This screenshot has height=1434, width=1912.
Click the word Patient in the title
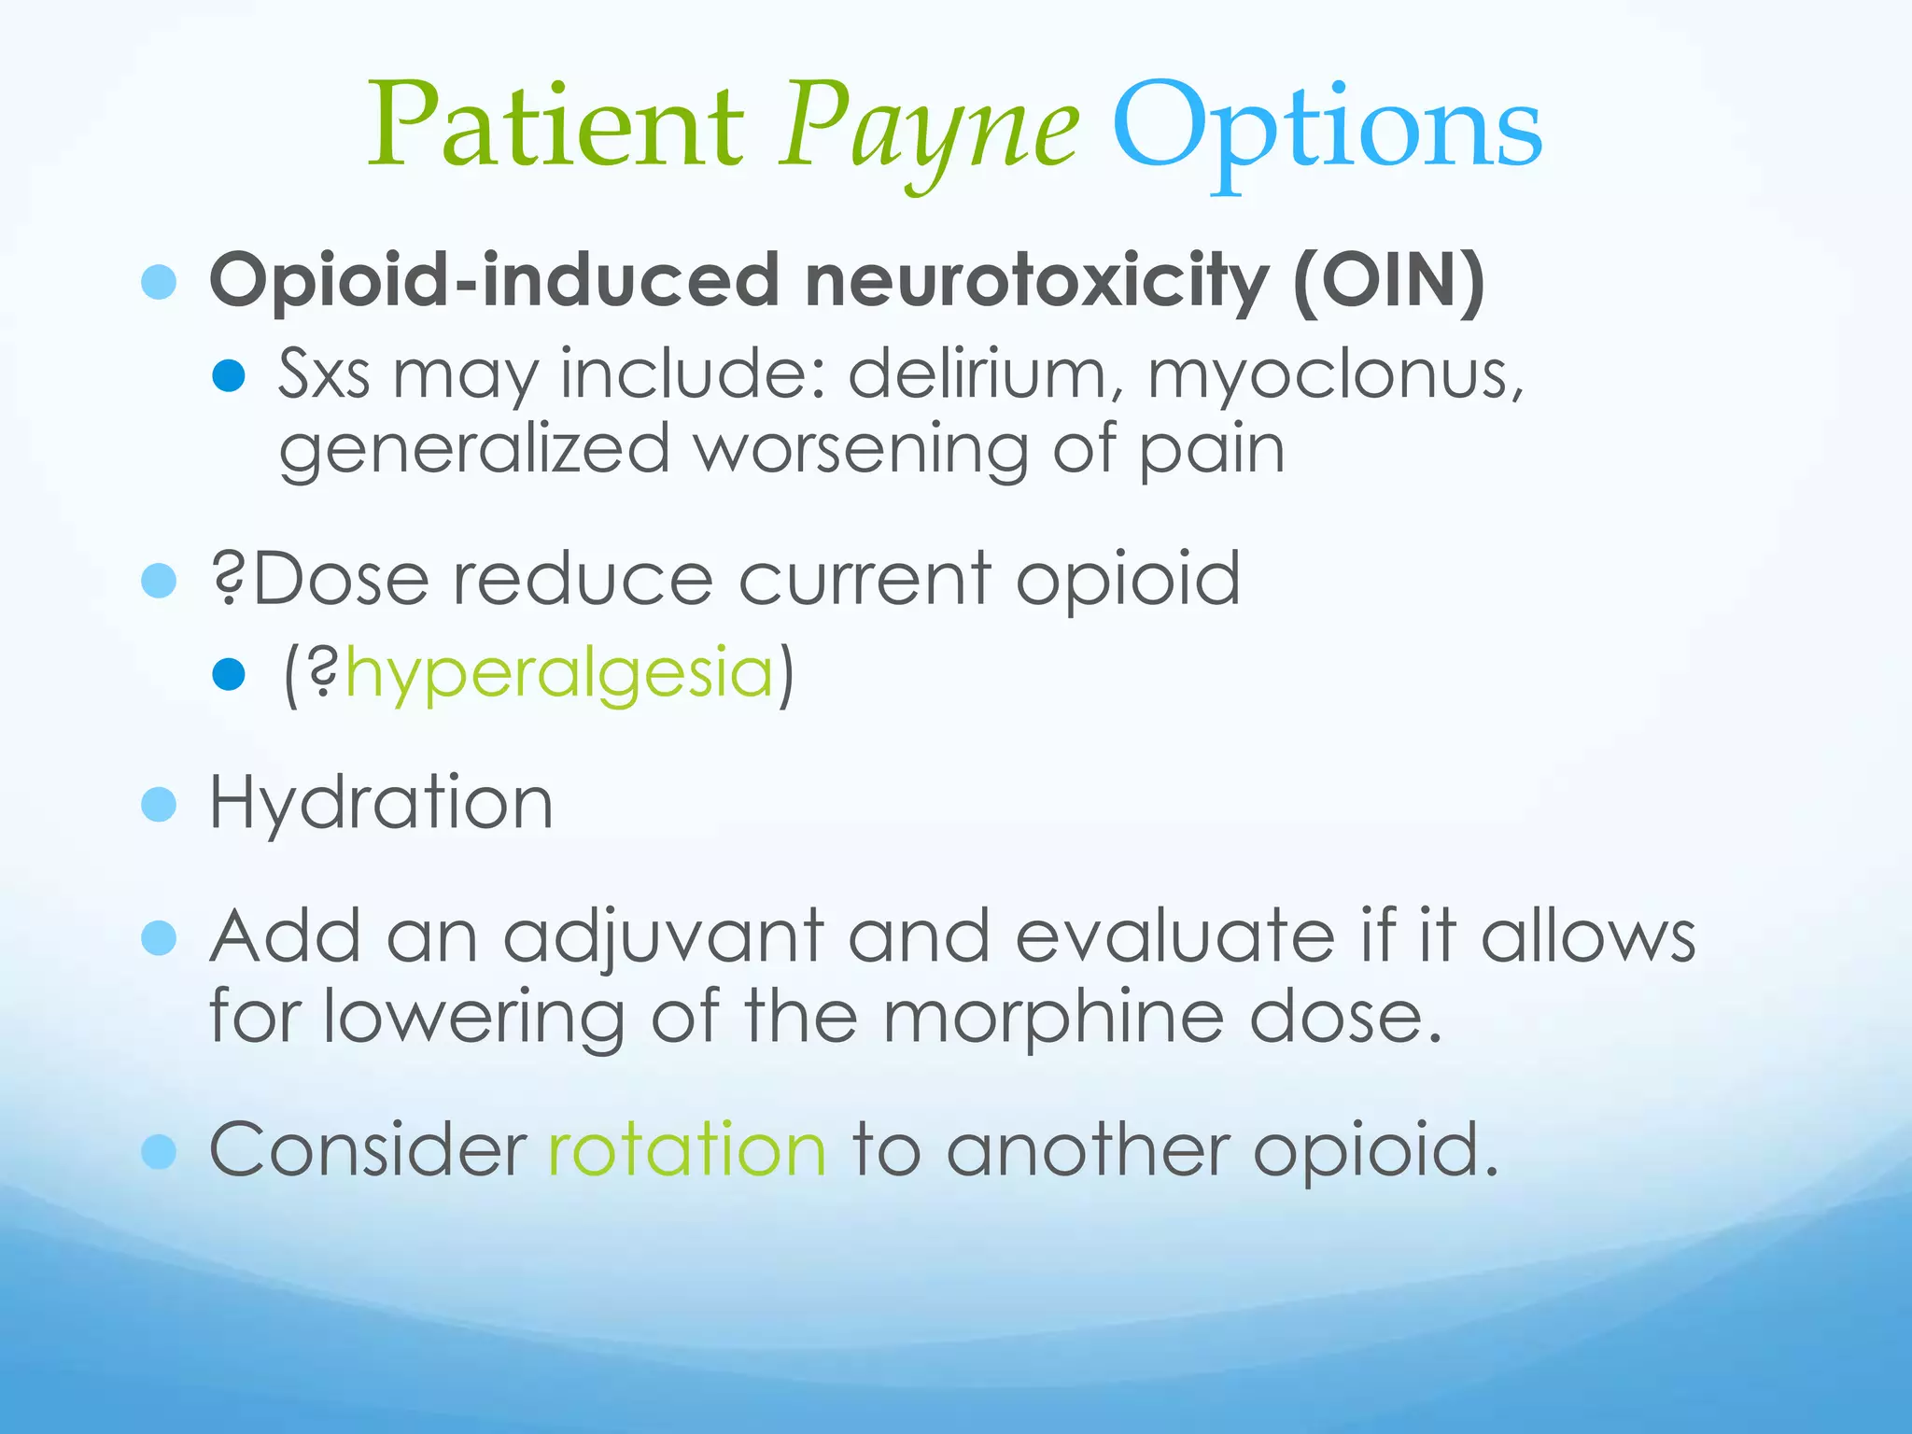click(x=556, y=126)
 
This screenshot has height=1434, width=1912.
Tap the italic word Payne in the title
click(x=932, y=131)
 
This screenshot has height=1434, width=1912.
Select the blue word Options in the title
click(x=1326, y=131)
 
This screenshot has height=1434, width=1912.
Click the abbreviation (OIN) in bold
click(x=1388, y=279)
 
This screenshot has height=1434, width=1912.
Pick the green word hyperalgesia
click(x=559, y=674)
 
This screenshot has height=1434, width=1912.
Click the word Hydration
click(x=381, y=803)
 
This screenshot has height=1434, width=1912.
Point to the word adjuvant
click(x=664, y=937)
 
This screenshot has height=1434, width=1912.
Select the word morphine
click(x=1053, y=1017)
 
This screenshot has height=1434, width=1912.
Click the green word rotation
click(x=687, y=1149)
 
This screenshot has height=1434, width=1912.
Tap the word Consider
click(x=368, y=1149)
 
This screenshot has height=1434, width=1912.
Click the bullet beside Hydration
click(x=159, y=804)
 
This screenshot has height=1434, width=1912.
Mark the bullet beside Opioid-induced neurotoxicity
click(x=159, y=281)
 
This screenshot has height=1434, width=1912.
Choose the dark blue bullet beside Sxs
click(x=229, y=375)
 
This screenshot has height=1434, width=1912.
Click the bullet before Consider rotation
click(x=159, y=1151)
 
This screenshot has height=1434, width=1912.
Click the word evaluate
click(x=1174, y=936)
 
